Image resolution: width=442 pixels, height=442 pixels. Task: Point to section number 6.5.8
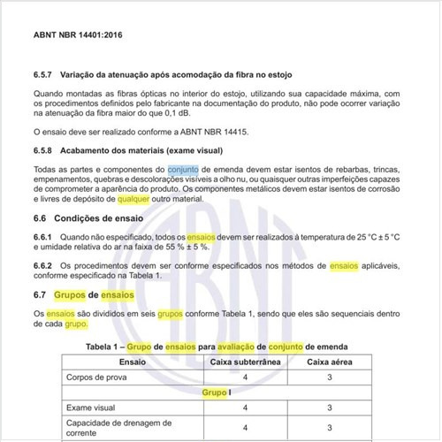44,150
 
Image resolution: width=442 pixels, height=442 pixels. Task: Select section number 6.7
41,294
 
